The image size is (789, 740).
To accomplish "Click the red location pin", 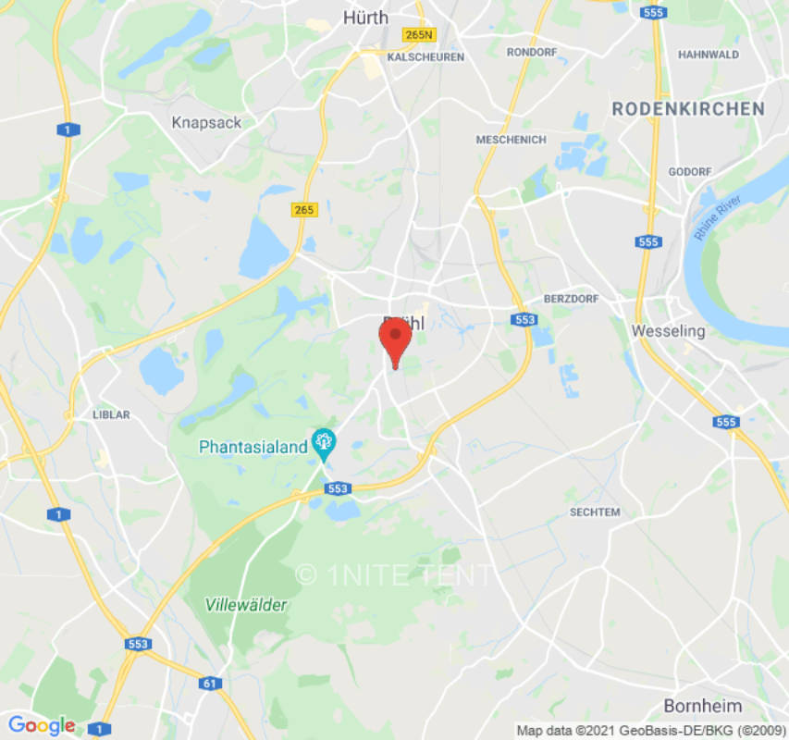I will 395,339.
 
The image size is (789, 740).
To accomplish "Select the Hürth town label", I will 365,17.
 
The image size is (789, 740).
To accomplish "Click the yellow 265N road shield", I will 419,35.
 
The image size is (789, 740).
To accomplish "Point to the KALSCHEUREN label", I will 425,57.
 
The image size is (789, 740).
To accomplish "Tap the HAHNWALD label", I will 709,55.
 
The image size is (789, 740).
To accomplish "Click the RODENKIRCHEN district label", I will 688,109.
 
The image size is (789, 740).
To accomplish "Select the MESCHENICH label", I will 511,140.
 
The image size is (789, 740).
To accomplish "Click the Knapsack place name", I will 206,122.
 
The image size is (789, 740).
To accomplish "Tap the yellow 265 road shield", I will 303,210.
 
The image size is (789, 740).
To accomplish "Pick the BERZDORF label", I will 571,299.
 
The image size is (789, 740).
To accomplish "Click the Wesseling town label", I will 668,330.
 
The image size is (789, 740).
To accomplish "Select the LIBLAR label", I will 111,414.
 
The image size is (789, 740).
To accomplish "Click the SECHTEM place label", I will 595,512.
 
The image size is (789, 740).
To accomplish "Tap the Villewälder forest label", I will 246,604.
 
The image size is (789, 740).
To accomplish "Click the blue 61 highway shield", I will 210,684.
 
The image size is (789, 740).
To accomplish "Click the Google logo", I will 41,725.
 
